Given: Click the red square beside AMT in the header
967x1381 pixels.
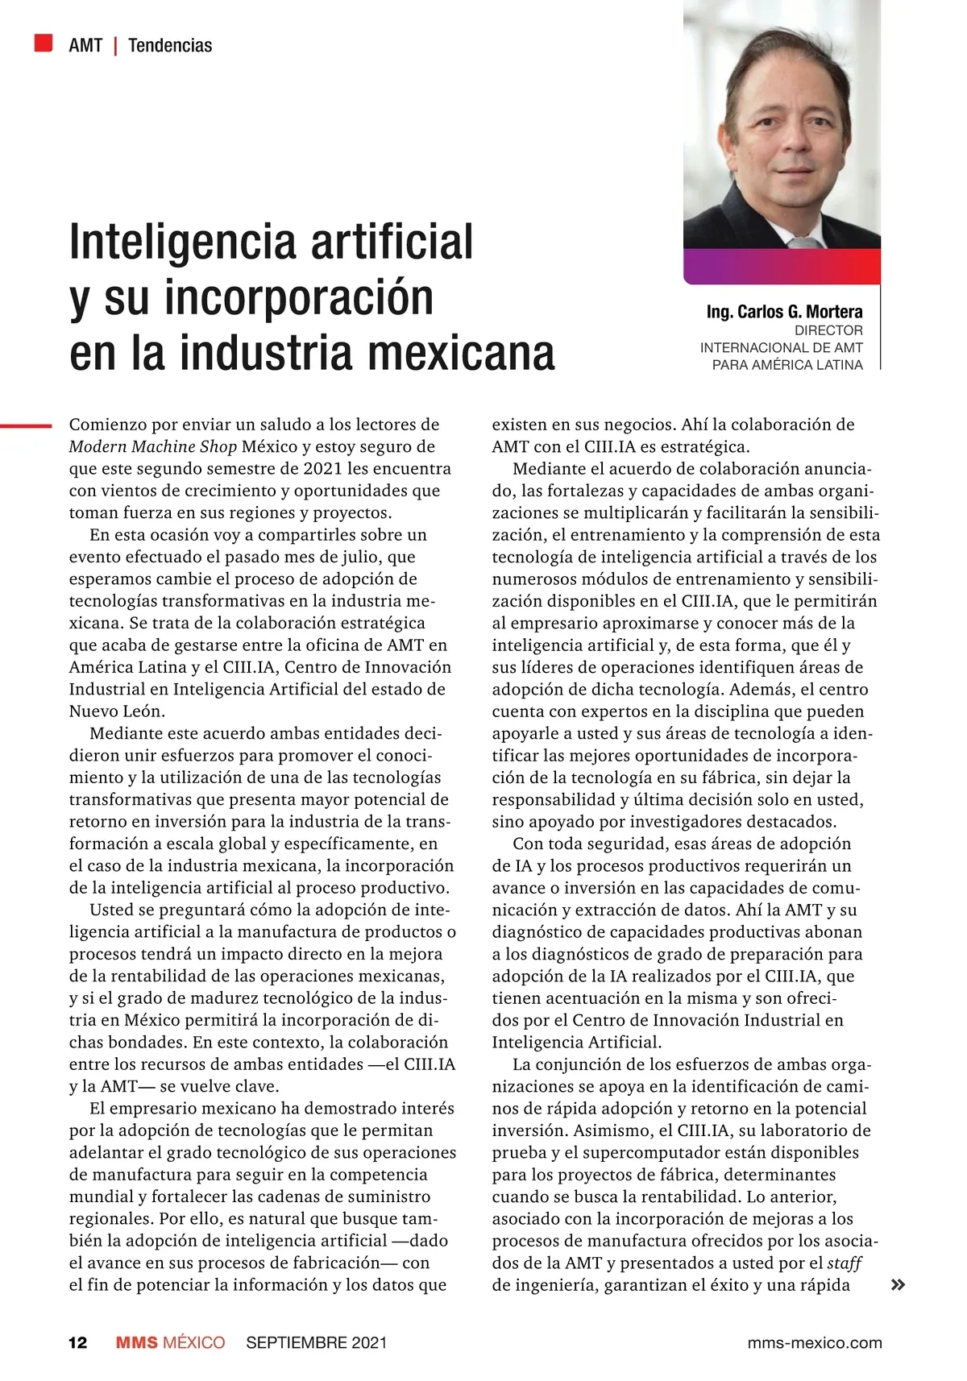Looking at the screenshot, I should coord(44,43).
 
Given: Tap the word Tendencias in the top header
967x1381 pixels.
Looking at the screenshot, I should coord(170,45).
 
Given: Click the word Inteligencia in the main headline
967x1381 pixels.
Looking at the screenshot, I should coord(185,242).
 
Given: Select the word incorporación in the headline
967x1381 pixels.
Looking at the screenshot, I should coord(299,297).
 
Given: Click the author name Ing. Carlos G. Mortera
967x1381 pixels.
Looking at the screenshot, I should coord(784,312).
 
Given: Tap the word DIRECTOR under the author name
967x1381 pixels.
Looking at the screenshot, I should coord(828,330).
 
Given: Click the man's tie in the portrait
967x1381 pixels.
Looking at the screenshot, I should coord(803,242).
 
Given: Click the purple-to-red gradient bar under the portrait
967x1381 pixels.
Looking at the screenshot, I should coord(782,266).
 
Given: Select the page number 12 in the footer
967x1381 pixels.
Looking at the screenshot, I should coord(77,1342).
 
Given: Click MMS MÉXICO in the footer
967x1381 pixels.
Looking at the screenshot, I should coord(170,1342).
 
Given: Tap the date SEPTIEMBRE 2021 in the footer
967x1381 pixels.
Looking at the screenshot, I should coord(316,1342).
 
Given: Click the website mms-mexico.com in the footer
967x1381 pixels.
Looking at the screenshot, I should coord(814,1342).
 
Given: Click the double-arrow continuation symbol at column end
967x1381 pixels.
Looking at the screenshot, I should coord(897,1285).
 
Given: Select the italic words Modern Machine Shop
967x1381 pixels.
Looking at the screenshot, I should coord(153,446).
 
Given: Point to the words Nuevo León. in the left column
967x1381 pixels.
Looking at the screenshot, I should coord(117,711).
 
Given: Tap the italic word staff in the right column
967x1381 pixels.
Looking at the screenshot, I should coord(845,1263).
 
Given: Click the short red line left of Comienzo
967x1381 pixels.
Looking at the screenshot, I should coord(26,425).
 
